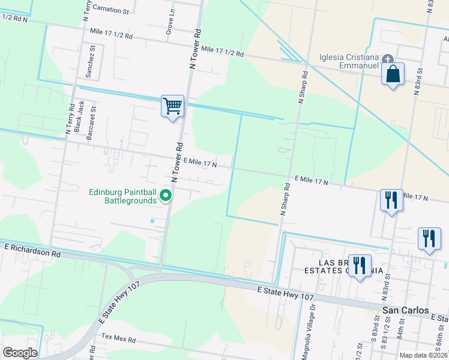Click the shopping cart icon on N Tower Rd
(172, 106)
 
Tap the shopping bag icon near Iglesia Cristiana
(393, 74)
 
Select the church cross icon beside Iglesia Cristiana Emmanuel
(388, 59)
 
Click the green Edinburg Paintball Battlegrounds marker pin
(167, 196)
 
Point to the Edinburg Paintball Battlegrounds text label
(122, 196)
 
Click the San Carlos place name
(406, 310)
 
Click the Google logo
(20, 353)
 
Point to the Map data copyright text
(424, 355)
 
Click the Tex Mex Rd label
(118, 339)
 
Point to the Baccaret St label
(92, 124)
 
